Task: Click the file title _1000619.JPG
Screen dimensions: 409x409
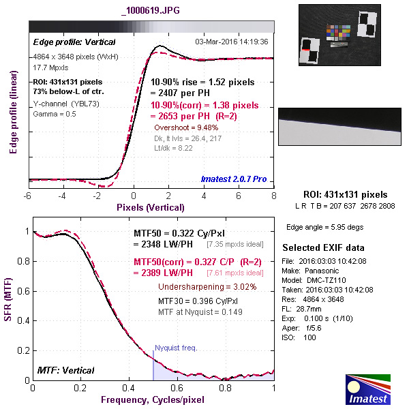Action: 151,10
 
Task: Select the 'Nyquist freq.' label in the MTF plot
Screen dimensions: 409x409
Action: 176,348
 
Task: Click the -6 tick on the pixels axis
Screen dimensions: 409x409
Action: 28,196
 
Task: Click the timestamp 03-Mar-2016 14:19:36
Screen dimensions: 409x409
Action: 231,42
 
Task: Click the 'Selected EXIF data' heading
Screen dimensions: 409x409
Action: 324,247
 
